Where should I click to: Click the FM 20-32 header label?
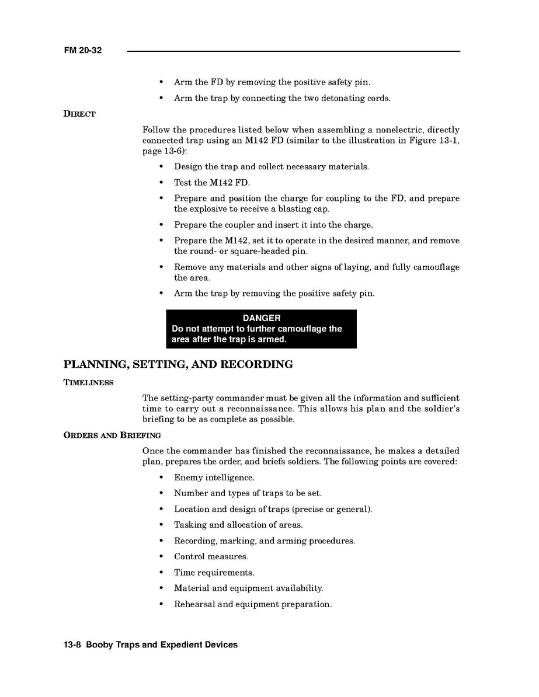pyautogui.click(x=83, y=51)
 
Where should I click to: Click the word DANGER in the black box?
pyautogui.click(x=261, y=318)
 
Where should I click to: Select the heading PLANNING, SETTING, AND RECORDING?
pyautogui.click(x=178, y=365)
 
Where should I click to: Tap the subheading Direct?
pyautogui.click(x=79, y=114)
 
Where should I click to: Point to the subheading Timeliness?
pyautogui.click(x=88, y=382)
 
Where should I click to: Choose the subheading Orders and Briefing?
pyautogui.click(x=112, y=435)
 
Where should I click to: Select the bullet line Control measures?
pyautogui.click(x=211, y=557)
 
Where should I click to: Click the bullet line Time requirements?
pyautogui.click(x=214, y=573)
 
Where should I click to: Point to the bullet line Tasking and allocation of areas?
pyautogui.click(x=238, y=525)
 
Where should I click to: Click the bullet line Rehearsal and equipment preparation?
pyautogui.click(x=253, y=604)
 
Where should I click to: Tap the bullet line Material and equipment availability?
pyautogui.click(x=248, y=588)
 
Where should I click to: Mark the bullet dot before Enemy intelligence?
pyautogui.click(x=161, y=478)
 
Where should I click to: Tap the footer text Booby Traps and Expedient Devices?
pyautogui.click(x=162, y=644)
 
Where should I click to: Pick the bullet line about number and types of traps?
pyautogui.click(x=248, y=493)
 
